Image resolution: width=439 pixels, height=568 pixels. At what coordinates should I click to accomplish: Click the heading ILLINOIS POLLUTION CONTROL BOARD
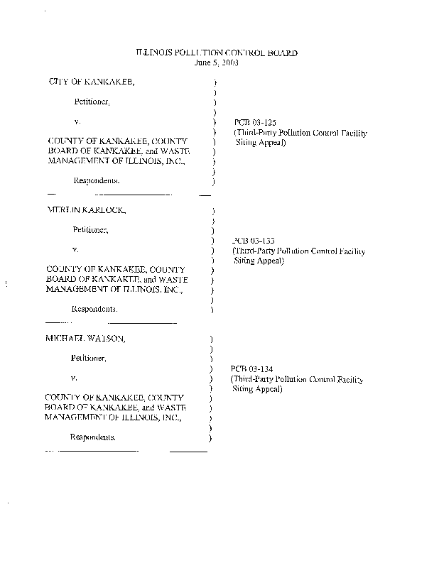point(216,53)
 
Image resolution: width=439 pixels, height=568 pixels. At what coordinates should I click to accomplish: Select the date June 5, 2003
point(216,62)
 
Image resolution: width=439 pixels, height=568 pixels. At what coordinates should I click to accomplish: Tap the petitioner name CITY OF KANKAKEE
point(90,82)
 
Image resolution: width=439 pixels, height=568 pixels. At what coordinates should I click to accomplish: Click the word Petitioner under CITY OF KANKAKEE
point(92,102)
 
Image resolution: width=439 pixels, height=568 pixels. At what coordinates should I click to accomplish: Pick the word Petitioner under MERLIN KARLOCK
point(90,230)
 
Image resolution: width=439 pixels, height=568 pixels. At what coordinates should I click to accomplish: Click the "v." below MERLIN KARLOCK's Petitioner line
point(75,249)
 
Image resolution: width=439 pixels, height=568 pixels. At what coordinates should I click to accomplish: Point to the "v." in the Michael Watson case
point(74,377)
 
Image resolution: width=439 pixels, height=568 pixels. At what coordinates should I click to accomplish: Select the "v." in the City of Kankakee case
point(77,122)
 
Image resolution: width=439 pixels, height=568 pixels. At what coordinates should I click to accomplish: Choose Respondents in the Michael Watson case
point(92,437)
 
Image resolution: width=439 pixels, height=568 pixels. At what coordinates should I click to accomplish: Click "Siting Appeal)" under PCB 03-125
point(261,143)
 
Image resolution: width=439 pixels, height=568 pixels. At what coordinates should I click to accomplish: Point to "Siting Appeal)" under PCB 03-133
point(259,261)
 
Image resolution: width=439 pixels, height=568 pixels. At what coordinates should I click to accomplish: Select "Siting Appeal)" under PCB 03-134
point(258,390)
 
